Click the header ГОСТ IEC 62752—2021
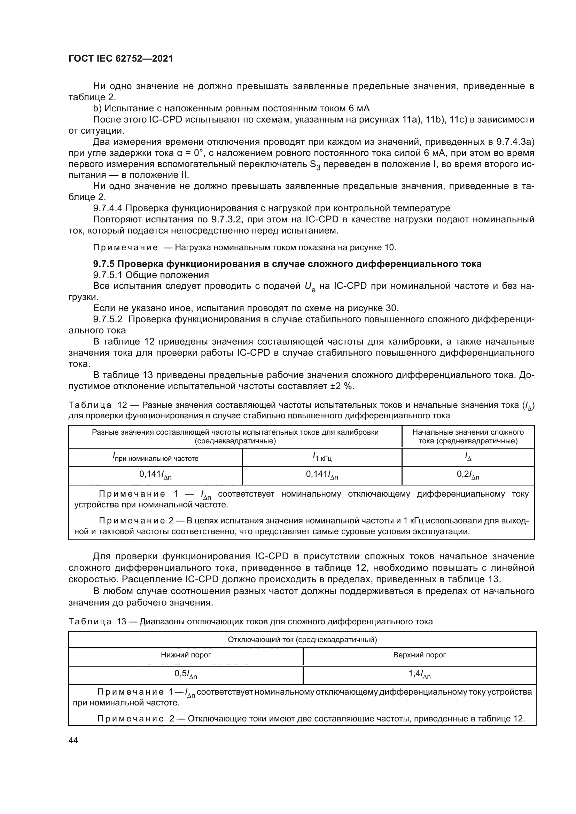click(120, 58)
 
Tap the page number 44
click(73, 741)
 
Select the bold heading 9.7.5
click(287, 264)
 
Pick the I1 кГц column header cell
click(322, 457)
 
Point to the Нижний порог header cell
click(186, 655)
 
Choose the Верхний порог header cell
click(419, 655)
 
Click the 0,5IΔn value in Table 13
click(186, 674)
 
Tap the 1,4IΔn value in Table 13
click(419, 674)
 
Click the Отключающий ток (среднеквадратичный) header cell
click(302, 640)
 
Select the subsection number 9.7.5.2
click(108, 319)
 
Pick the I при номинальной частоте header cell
click(155, 458)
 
